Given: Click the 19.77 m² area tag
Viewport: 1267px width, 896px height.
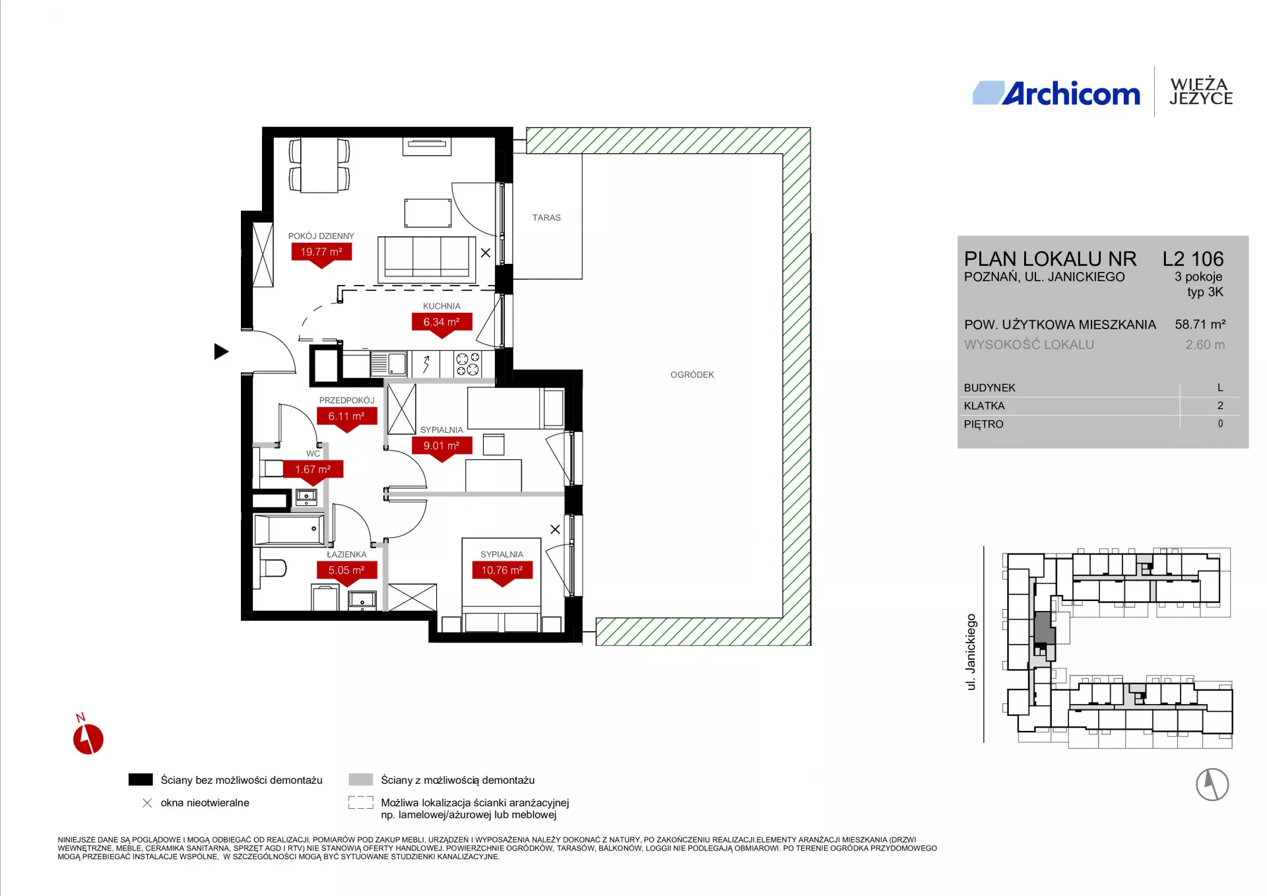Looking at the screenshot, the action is [321, 254].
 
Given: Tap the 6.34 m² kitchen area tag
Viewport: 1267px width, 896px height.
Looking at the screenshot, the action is [441, 324].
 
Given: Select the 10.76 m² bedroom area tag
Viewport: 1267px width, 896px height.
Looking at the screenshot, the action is [502, 572].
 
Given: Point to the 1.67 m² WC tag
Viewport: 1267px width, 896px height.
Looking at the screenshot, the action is [313, 471].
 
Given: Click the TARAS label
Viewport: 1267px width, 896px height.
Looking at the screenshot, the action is [546, 218].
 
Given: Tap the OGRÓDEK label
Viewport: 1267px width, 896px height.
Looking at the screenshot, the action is [692, 375].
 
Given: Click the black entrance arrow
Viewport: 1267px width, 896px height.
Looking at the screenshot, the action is [221, 352].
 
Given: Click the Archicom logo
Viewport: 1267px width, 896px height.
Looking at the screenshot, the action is [1056, 94].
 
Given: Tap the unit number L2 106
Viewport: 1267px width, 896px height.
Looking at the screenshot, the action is [1193, 259].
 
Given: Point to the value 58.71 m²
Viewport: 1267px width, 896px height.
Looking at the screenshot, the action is [1200, 325].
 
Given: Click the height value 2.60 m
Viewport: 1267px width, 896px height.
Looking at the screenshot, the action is [1205, 344].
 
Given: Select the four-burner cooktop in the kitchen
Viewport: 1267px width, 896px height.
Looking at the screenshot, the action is [468, 364].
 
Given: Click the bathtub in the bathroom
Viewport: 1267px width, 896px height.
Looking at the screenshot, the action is [289, 529].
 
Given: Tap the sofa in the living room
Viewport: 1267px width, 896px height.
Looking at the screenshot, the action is [427, 259].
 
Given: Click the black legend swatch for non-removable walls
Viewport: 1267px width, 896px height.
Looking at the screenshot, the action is [141, 780].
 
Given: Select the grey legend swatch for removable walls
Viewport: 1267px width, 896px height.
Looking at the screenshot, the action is [361, 780].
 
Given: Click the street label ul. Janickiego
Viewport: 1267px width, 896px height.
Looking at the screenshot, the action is [971, 652].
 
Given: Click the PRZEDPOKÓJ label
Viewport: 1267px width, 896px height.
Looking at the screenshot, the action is [346, 400].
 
